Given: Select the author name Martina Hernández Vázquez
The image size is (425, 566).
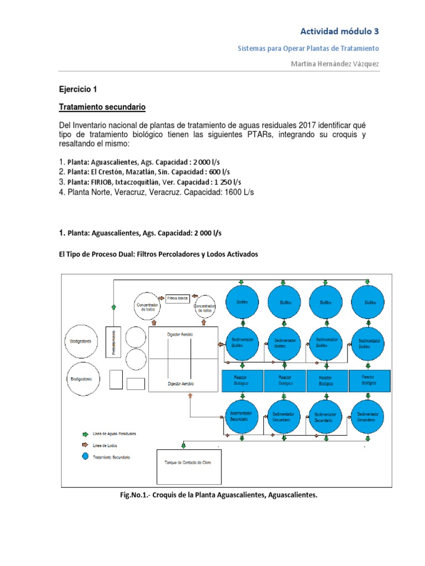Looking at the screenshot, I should (335, 65).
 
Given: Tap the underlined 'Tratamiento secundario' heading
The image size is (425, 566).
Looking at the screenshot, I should (102, 107).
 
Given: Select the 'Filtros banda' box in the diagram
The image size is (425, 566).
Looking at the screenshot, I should (178, 298).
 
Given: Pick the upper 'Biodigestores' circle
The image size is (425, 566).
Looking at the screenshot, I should (81, 341).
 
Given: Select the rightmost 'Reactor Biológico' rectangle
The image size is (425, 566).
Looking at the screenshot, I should (370, 380).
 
